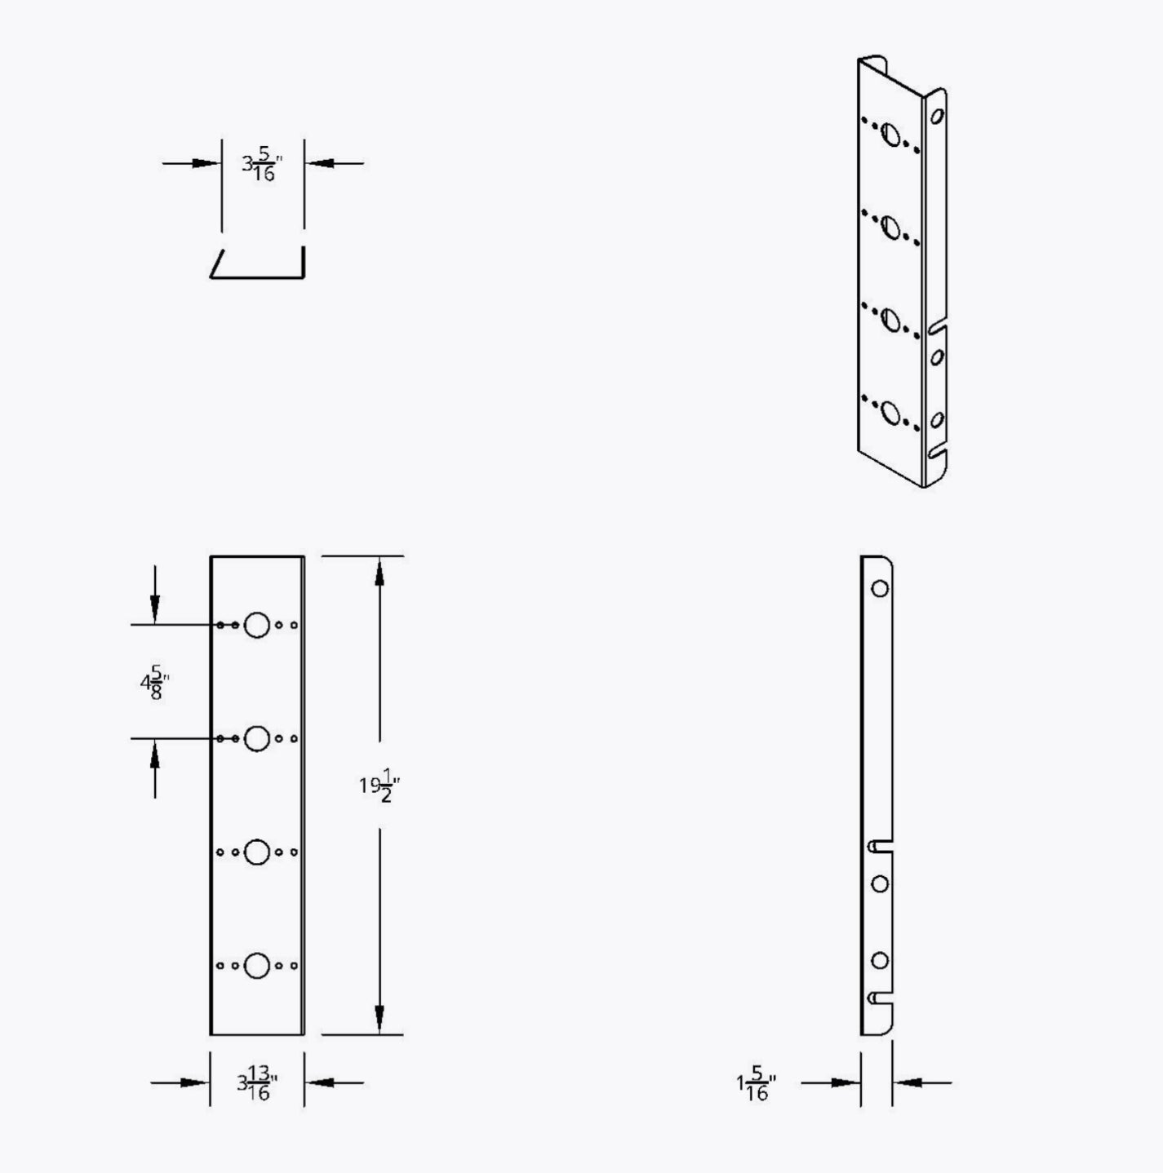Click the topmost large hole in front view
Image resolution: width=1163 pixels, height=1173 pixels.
[x=256, y=625]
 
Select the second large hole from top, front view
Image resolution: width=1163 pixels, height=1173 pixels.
[x=256, y=738]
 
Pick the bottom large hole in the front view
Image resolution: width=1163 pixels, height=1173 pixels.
[x=256, y=966]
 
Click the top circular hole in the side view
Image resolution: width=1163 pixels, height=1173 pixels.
[x=880, y=589]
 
